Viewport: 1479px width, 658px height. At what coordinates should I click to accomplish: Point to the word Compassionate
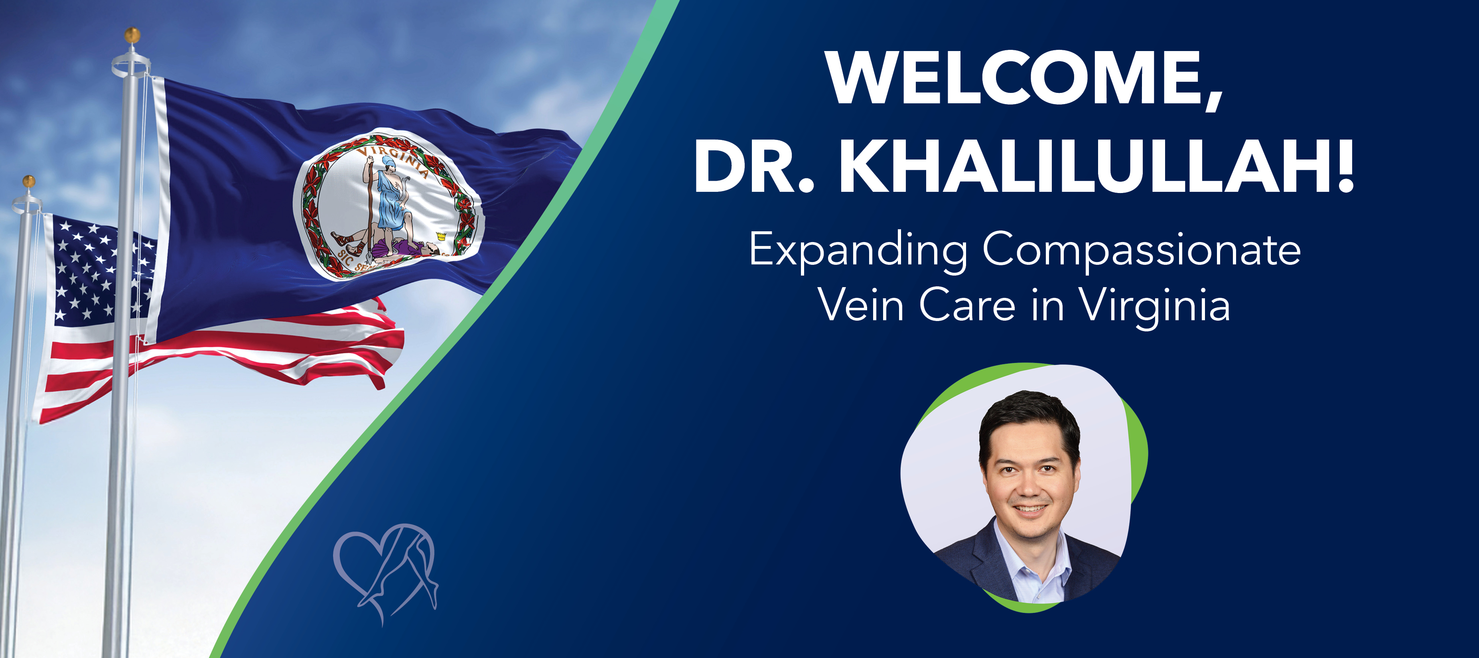click(x=1142, y=252)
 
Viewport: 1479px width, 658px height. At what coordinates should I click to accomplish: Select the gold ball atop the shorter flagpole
click(x=29, y=181)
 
